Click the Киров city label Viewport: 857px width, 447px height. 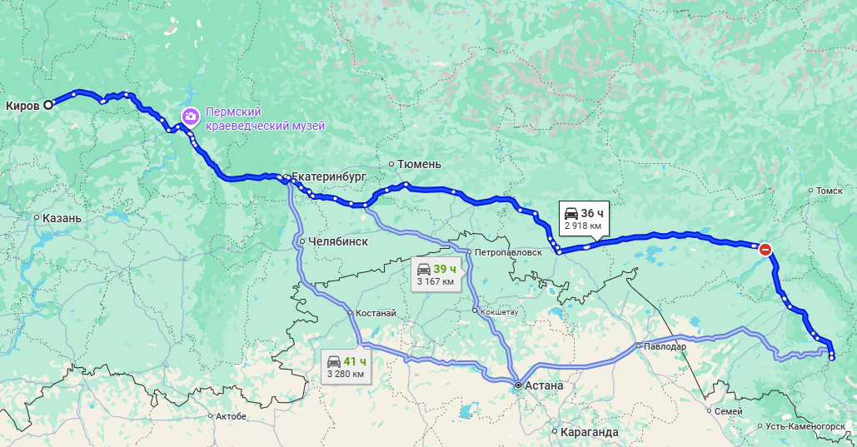click(22, 106)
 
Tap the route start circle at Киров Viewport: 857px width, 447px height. click(48, 105)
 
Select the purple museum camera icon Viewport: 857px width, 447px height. click(190, 116)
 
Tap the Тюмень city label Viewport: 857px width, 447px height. click(420, 164)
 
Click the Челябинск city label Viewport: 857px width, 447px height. click(338, 241)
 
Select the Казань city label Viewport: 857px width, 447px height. click(62, 218)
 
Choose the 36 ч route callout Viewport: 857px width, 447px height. click(584, 218)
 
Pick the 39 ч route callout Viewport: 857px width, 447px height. click(437, 274)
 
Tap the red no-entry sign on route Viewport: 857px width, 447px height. click(765, 248)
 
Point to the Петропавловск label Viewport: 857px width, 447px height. click(508, 251)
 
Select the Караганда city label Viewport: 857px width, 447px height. click(590, 432)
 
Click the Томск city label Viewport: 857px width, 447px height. click(830, 191)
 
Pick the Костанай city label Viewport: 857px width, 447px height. click(375, 313)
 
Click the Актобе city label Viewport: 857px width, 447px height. click(231, 416)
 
